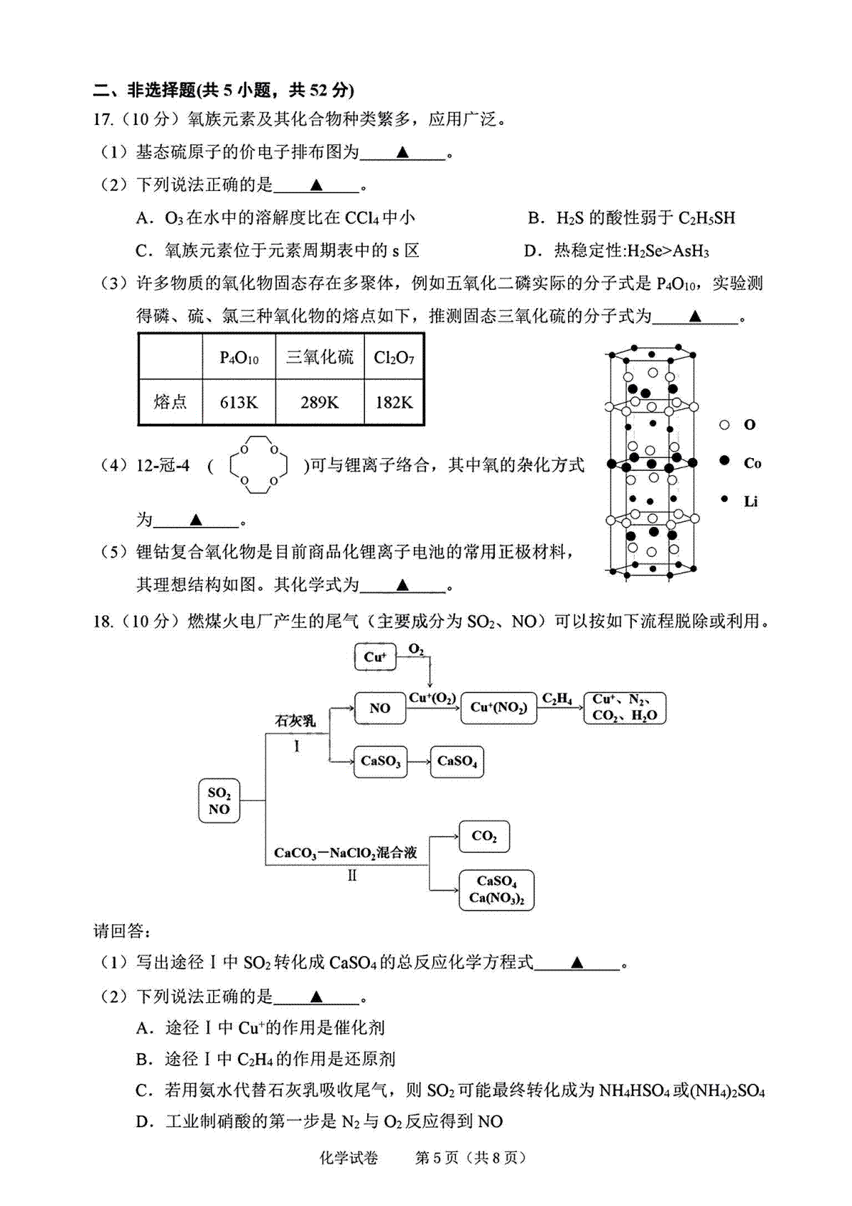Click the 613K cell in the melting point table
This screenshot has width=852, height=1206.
pyautogui.click(x=239, y=402)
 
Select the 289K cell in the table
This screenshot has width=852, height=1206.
pyautogui.click(x=319, y=402)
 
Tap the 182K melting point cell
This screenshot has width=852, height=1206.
pyautogui.click(x=394, y=402)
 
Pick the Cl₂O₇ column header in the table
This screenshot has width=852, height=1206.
pyautogui.click(x=394, y=357)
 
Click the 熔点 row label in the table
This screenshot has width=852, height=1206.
pyautogui.click(x=170, y=401)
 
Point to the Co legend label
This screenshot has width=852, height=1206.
pyautogui.click(x=752, y=463)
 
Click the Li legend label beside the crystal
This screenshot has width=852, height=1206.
pyautogui.click(x=750, y=501)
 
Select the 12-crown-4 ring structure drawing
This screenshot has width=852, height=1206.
pyautogui.click(x=258, y=465)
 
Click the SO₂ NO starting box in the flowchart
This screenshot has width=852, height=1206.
pyautogui.click(x=219, y=800)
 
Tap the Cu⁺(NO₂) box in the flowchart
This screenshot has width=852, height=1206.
pyautogui.click(x=498, y=707)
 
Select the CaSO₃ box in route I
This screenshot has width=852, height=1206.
pyautogui.click(x=381, y=761)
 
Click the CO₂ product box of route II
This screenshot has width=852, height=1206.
pyautogui.click(x=484, y=836)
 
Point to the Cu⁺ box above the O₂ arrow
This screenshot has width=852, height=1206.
pyautogui.click(x=375, y=657)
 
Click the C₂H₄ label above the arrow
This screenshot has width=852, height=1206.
pyautogui.click(x=557, y=699)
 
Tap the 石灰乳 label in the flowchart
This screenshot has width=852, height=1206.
pyautogui.click(x=295, y=720)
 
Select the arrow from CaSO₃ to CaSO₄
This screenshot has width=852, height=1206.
pyautogui.click(x=419, y=761)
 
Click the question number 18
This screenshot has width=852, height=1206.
pyautogui.click(x=103, y=622)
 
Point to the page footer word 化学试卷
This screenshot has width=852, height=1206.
pyautogui.click(x=349, y=1157)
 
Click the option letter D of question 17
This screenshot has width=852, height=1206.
pyautogui.click(x=532, y=251)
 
